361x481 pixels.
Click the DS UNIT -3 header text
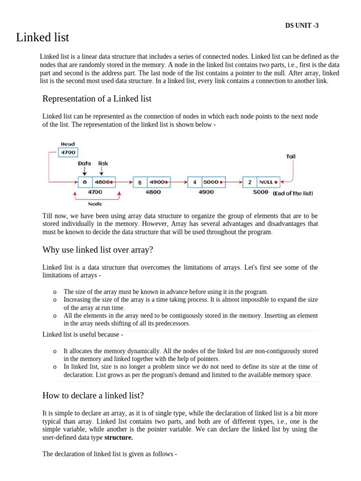click(301, 26)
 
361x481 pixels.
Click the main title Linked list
click(43, 37)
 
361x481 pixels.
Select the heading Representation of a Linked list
click(97, 99)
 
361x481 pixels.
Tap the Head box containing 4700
click(68, 153)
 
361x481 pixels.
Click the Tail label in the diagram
click(291, 156)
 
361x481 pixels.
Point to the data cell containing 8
click(85, 182)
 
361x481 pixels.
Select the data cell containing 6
click(140, 182)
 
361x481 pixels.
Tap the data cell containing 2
click(250, 182)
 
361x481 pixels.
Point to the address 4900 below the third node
click(206, 192)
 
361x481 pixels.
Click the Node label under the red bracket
click(95, 204)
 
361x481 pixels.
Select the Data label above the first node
click(85, 163)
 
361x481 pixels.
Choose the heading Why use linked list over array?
click(98, 250)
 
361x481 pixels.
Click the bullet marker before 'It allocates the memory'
click(55, 351)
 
